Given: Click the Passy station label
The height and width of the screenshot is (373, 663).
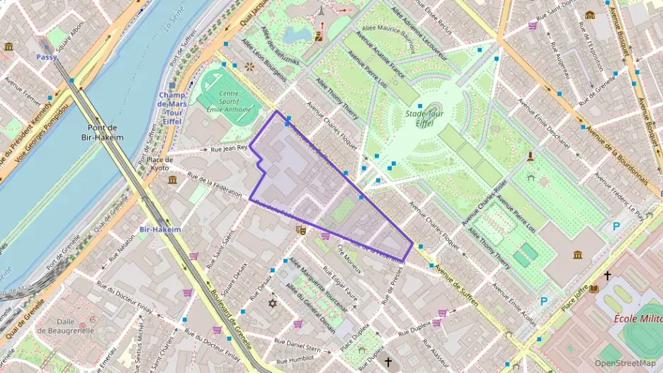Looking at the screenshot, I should pos(46,57).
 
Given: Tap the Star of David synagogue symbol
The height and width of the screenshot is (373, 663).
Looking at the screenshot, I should pos(272,304).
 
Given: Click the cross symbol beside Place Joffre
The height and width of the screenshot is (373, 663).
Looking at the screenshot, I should pos(606,275).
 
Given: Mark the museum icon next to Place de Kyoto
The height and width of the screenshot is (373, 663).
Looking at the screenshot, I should pos(172,180).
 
